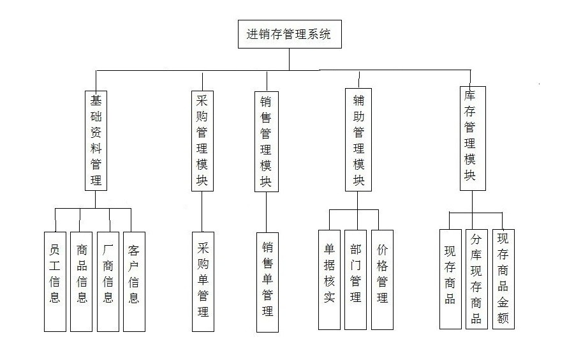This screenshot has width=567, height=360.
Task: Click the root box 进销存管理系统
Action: click(289, 34)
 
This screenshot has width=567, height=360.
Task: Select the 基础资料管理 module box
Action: click(96, 140)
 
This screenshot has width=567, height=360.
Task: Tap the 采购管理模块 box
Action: click(202, 140)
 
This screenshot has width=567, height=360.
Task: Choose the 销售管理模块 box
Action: click(266, 140)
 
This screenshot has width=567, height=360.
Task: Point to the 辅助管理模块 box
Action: click(358, 140)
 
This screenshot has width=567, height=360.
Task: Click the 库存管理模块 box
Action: click(473, 138)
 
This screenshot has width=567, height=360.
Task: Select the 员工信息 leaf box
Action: click(55, 281)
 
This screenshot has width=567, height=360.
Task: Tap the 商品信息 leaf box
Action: click(81, 281)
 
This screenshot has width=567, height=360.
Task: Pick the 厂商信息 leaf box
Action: click(108, 281)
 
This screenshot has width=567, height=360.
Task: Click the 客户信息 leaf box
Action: click(134, 281)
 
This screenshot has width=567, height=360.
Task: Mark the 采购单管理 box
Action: click(203, 280)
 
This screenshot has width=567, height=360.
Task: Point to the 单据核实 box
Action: click(329, 279)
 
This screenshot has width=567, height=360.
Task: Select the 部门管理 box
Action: click(355, 279)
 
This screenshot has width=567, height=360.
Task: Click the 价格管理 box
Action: click(382, 279)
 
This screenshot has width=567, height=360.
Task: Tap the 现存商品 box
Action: click(450, 278)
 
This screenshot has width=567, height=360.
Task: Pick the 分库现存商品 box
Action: click(476, 278)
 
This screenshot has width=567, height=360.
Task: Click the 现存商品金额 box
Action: click(503, 278)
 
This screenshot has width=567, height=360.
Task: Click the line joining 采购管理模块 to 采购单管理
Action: click(202, 211)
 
